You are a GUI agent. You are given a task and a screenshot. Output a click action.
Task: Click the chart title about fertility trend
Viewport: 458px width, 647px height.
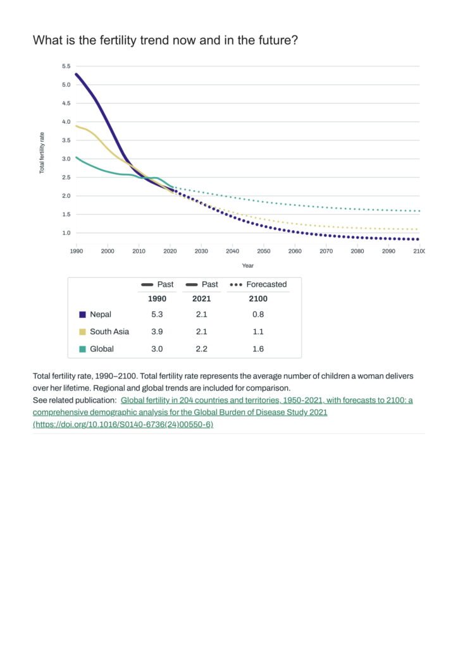tap(165, 40)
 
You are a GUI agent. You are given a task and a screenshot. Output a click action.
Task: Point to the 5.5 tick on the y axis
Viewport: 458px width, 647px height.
tap(66, 66)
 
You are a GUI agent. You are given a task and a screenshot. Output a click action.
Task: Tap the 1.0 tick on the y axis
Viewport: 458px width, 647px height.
tap(66, 233)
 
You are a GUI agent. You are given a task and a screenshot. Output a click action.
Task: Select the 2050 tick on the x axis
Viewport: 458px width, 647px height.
tap(263, 251)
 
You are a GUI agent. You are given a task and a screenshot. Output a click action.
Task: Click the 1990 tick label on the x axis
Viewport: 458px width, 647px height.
tap(77, 251)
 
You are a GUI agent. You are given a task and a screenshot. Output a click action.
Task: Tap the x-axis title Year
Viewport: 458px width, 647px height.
tap(247, 265)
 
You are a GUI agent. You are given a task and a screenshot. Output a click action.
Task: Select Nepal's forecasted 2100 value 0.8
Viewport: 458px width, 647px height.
tap(258, 314)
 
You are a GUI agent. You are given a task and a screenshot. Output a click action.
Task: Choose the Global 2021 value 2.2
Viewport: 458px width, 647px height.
tap(201, 349)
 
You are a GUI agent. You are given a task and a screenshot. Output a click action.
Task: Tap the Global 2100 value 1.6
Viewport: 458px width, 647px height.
tap(258, 349)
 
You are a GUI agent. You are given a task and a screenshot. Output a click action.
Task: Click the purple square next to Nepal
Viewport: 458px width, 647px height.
tap(82, 314)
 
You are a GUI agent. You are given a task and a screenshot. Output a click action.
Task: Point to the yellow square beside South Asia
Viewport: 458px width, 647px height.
tap(82, 331)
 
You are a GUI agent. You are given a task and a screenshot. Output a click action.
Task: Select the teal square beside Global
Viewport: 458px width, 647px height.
tap(82, 349)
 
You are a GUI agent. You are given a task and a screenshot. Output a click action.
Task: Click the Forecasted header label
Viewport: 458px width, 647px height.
tap(266, 284)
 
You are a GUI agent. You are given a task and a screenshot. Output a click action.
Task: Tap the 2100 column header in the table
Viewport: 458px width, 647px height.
tap(258, 299)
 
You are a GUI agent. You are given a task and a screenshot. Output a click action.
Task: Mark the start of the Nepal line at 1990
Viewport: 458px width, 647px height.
tap(77, 74)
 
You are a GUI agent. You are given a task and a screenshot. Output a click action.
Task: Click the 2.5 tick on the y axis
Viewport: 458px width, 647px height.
tap(66, 178)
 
